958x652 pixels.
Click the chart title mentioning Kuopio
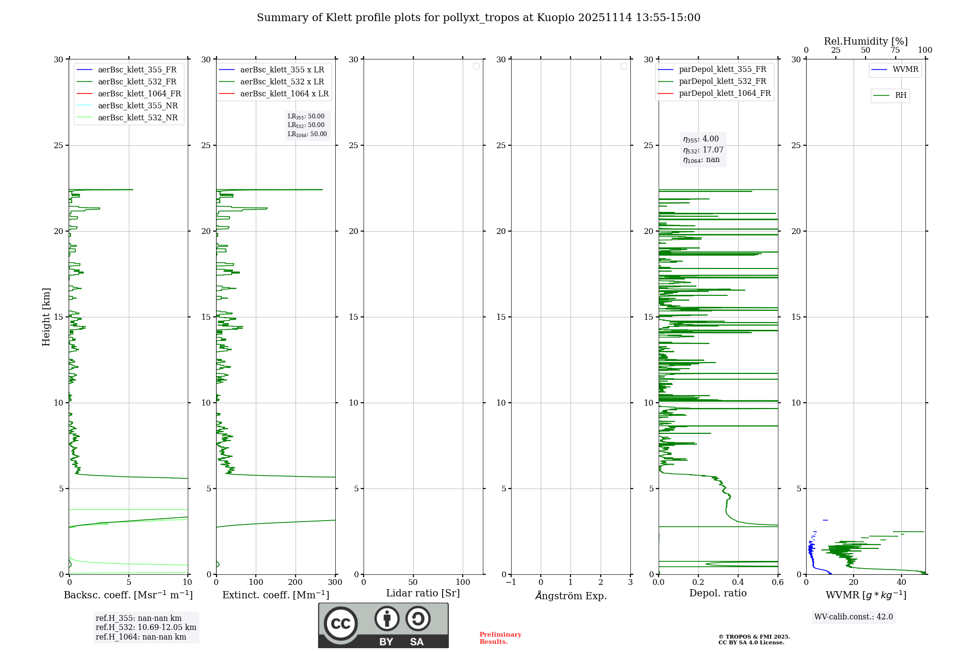478,18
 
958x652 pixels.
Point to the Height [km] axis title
46,317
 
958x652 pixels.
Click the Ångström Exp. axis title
570,596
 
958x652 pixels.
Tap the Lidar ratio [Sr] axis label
423,594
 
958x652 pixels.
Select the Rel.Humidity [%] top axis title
866,41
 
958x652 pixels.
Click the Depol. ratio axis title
718,594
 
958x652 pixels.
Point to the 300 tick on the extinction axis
335,582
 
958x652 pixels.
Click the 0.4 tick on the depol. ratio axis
738,582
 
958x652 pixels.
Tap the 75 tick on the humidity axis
895,50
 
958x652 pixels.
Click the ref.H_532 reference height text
146,628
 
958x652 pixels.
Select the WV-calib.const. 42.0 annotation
853,617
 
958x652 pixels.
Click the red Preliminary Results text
500,638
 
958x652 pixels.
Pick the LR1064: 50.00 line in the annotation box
307,134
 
